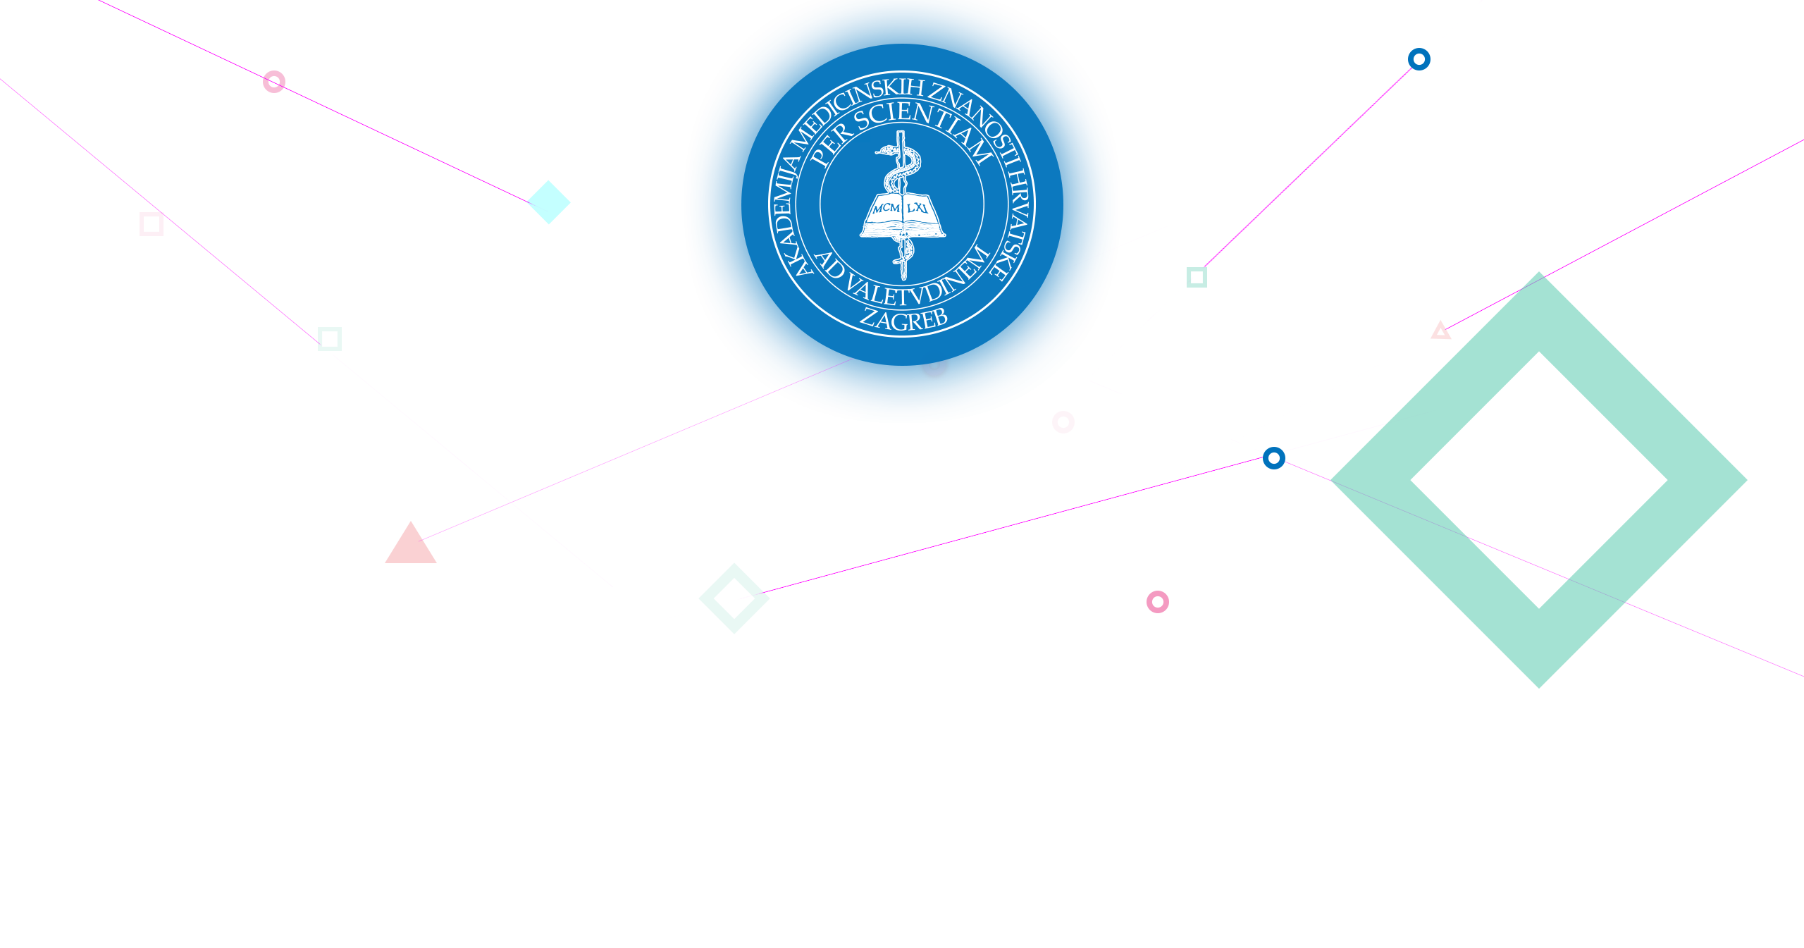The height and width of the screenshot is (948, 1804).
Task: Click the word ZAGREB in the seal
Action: [x=904, y=319]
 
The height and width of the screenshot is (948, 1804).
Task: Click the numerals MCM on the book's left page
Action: [x=886, y=208]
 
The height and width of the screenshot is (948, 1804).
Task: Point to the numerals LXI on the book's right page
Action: [x=918, y=207]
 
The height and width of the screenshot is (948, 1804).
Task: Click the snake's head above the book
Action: [x=885, y=149]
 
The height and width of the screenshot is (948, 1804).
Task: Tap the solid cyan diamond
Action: [x=549, y=202]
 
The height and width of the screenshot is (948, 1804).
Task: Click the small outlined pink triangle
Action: [x=1440, y=331]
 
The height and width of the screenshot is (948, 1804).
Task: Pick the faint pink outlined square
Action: [x=152, y=224]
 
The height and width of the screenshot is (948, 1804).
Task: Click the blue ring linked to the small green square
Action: [x=1419, y=59]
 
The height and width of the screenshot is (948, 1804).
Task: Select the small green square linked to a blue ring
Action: [x=1197, y=277]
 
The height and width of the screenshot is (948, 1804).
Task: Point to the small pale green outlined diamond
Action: [x=734, y=598]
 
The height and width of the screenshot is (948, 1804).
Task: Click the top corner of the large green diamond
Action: [x=1539, y=272]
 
